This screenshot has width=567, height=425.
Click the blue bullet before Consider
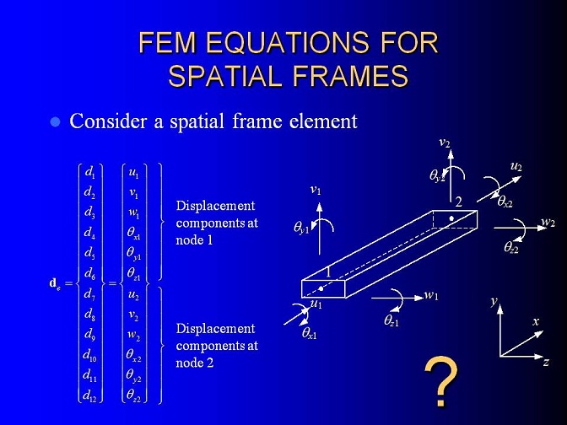(x=55, y=121)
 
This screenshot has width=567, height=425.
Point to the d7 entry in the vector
(x=89, y=293)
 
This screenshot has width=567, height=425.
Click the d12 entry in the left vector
(x=89, y=395)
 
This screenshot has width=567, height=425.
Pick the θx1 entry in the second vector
(x=133, y=233)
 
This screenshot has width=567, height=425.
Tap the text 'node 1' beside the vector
(x=194, y=240)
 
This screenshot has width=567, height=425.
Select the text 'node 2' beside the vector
(x=195, y=363)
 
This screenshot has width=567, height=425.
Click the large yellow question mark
(x=440, y=381)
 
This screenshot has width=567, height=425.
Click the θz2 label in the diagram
(x=511, y=247)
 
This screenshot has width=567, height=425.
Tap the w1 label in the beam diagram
(x=431, y=295)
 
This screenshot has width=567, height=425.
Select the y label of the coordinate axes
(x=494, y=301)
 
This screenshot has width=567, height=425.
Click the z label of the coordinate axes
(x=547, y=362)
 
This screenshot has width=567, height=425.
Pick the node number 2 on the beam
(x=458, y=202)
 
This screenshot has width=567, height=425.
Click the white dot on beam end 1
(x=321, y=288)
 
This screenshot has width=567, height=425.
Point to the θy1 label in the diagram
(x=301, y=229)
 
